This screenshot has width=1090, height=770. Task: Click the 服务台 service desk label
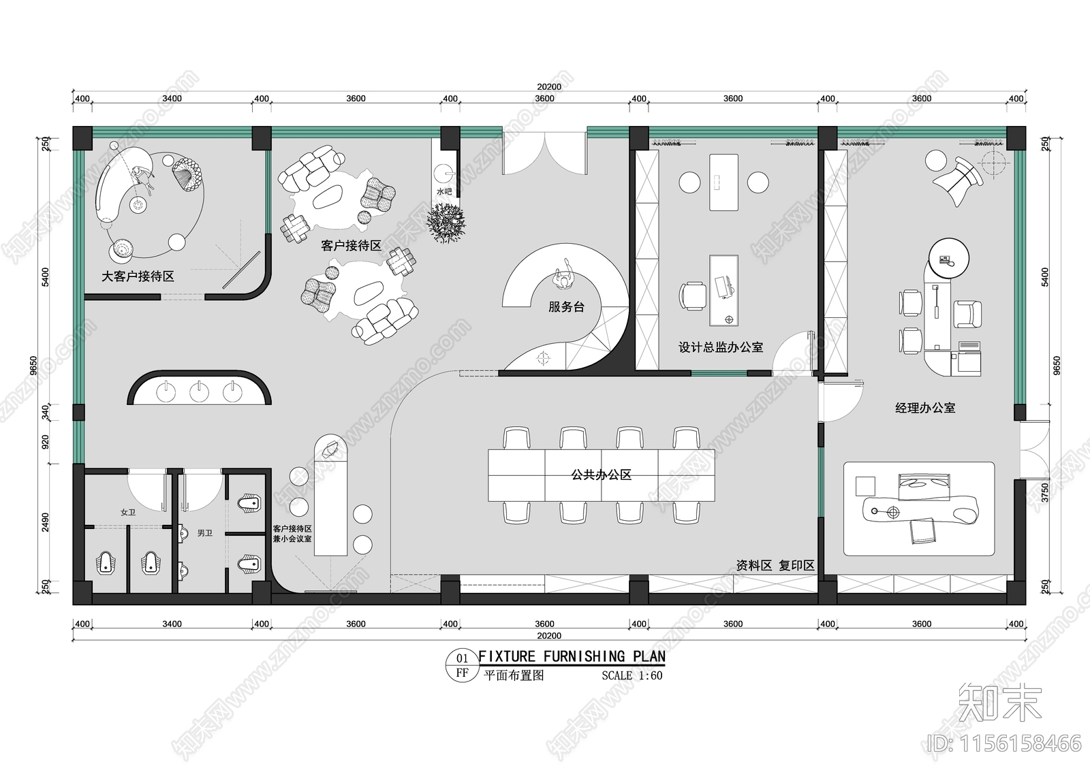[x=566, y=307]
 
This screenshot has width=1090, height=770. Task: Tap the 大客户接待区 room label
[x=138, y=276]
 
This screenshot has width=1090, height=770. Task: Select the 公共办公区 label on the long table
[x=601, y=475]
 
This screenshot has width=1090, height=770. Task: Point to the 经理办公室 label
[x=924, y=408]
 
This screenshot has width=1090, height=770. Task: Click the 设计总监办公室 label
[x=720, y=347]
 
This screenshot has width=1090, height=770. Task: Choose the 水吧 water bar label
[x=444, y=192]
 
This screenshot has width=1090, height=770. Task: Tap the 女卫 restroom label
[x=128, y=512]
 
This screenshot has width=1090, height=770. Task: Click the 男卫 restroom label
[x=204, y=533]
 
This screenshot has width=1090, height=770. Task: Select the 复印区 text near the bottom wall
[x=796, y=565]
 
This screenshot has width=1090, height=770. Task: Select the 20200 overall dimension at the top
[x=548, y=86]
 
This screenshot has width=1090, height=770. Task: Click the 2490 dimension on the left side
[x=45, y=522]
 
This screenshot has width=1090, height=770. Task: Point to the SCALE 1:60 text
[x=632, y=675]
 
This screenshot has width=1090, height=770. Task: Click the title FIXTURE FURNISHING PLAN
[x=572, y=656]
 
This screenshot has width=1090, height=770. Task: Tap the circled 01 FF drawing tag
[x=462, y=665]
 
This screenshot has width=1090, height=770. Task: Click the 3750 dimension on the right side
[x=1045, y=492]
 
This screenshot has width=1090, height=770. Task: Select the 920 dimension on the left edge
[x=45, y=443]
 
